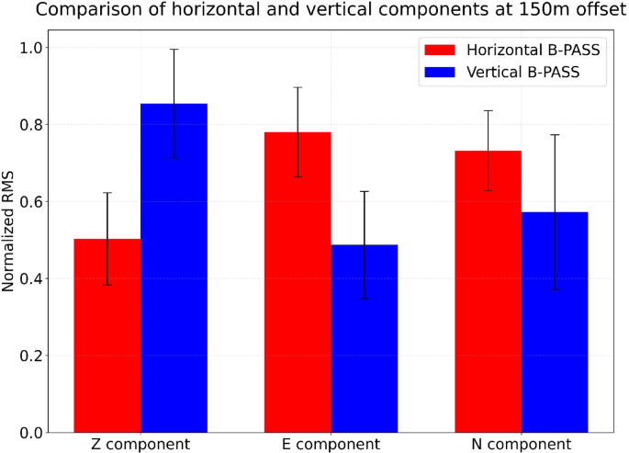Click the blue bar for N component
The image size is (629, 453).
(x=555, y=322)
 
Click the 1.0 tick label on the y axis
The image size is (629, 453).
(x=30, y=48)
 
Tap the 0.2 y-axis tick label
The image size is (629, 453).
(x=30, y=356)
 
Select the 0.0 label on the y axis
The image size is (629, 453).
(x=30, y=433)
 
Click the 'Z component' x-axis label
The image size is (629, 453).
(x=140, y=444)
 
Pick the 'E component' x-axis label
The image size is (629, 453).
(x=331, y=444)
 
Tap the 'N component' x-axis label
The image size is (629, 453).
(x=521, y=444)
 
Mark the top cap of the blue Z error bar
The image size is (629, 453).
(x=174, y=50)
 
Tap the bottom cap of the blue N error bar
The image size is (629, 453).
(x=555, y=289)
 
